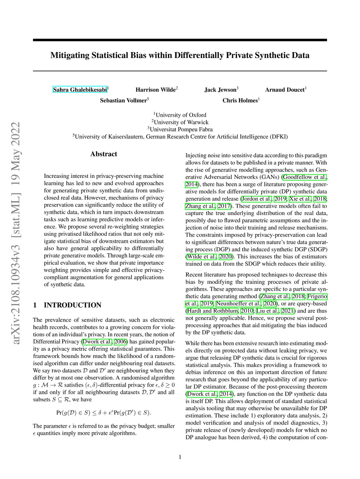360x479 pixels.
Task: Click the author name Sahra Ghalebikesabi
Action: click(80, 90)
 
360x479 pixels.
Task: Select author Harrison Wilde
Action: click(155, 90)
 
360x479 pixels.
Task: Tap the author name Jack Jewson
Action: click(220, 90)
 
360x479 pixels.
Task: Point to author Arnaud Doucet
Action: click(285, 90)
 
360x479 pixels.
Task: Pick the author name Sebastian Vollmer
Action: click(123, 101)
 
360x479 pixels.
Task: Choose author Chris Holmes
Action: click(240, 101)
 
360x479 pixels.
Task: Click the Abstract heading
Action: click(104, 154)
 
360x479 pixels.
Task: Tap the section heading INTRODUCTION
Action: click(72, 305)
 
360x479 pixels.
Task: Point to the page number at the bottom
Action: click(180, 457)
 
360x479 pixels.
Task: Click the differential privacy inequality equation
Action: click(103, 413)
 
